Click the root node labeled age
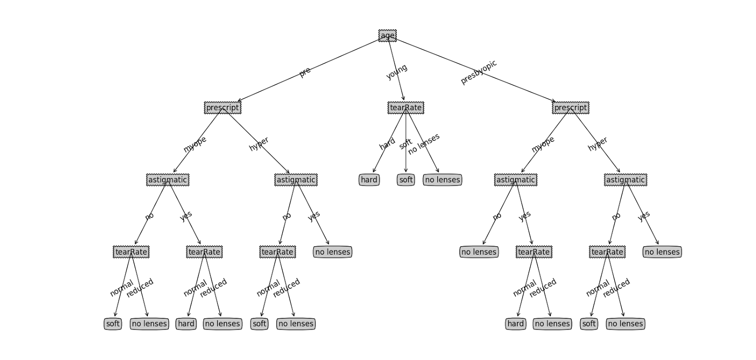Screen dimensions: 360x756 pyautogui.click(x=387, y=35)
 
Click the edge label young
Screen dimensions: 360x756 pyautogui.click(x=397, y=72)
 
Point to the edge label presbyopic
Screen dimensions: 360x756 pyautogui.click(x=479, y=72)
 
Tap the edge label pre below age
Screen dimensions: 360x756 pyautogui.click(x=305, y=72)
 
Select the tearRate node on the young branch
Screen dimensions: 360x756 pyautogui.click(x=405, y=108)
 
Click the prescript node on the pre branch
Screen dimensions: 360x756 pyautogui.click(x=223, y=108)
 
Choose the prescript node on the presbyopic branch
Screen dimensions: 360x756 pyautogui.click(x=570, y=108)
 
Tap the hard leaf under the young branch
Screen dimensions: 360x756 pyautogui.click(x=369, y=180)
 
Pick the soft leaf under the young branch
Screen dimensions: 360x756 pyautogui.click(x=406, y=180)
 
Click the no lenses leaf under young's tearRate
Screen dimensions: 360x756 pyautogui.click(x=442, y=180)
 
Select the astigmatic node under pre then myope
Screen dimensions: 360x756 pyautogui.click(x=168, y=180)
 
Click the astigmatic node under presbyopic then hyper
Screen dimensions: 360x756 pyautogui.click(x=625, y=180)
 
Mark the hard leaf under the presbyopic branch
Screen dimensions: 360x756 pyautogui.click(x=515, y=324)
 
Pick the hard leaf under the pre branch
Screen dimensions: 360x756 pyautogui.click(x=186, y=324)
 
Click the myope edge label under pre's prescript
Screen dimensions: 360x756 pyautogui.click(x=195, y=144)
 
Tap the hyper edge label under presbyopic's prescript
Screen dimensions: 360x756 pyautogui.click(x=598, y=144)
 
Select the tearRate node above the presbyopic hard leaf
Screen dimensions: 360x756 pyautogui.click(x=534, y=252)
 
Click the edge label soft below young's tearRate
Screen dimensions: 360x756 pyautogui.click(x=405, y=144)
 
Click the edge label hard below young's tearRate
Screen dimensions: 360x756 pyautogui.click(x=387, y=144)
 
